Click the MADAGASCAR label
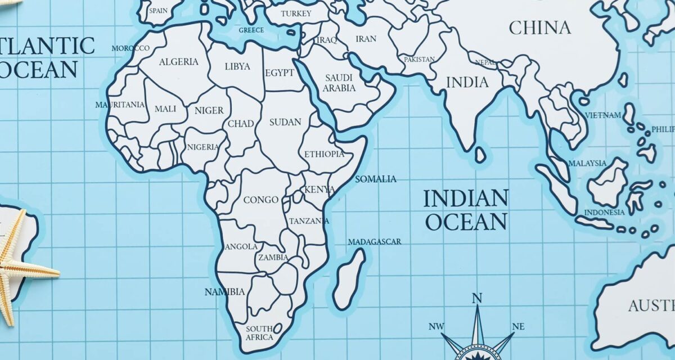(375, 242)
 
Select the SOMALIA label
(376, 179)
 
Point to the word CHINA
(539, 28)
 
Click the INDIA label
(467, 83)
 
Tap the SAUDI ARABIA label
(339, 83)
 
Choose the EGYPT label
(280, 73)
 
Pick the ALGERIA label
(178, 62)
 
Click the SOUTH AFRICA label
(259, 333)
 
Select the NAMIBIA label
(224, 292)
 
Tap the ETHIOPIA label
(324, 154)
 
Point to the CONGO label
(261, 200)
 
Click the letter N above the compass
(477, 298)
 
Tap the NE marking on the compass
(518, 327)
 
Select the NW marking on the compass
(436, 327)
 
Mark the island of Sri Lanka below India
(480, 154)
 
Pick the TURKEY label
(296, 13)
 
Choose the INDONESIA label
(604, 213)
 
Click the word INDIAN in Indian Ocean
(465, 198)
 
